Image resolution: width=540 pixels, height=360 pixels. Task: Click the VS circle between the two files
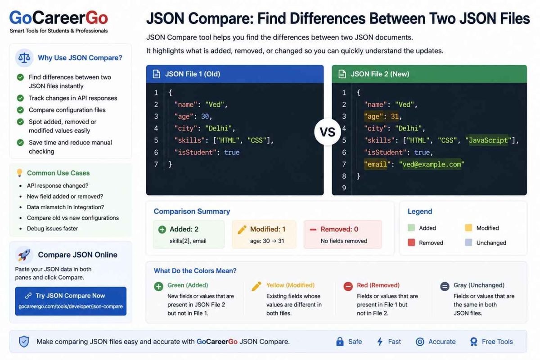328,132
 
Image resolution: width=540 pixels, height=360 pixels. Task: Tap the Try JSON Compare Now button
71,301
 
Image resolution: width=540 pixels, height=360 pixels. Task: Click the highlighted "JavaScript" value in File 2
489,140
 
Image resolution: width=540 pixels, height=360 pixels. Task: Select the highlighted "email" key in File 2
375,164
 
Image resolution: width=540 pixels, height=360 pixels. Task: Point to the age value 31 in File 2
395,117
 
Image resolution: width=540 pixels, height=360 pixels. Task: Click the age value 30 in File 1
205,117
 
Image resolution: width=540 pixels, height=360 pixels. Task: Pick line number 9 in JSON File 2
344,188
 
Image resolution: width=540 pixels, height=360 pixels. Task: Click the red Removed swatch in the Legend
411,243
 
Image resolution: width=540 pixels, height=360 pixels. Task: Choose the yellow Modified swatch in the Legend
468,228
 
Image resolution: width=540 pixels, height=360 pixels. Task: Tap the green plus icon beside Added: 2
162,229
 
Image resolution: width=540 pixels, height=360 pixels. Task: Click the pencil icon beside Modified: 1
242,229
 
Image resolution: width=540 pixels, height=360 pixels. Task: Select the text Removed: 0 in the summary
339,229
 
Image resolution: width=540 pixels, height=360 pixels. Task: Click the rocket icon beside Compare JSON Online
24,255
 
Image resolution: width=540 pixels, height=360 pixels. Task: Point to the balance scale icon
24,58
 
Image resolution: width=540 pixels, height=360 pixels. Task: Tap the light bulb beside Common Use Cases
19,173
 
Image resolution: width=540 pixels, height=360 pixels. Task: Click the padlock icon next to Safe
340,342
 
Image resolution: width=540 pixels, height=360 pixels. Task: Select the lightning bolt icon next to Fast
380,342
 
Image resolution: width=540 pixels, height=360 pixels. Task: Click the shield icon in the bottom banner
24,342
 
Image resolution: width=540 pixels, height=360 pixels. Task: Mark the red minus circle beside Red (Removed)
348,287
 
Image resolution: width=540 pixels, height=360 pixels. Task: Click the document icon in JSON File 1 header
157,74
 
